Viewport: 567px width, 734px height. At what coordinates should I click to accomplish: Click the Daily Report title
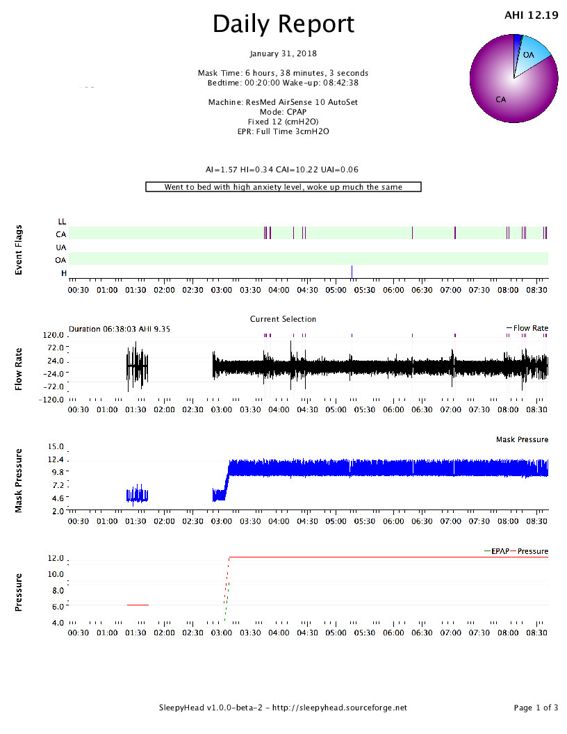[283, 24]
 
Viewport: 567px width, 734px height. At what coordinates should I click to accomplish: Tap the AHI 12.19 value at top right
[531, 15]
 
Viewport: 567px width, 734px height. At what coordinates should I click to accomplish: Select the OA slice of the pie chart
[534, 54]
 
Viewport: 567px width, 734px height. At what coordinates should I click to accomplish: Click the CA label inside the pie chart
[500, 99]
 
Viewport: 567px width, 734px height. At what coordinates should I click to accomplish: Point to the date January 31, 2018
[283, 54]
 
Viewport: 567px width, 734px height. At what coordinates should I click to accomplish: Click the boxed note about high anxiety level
[283, 187]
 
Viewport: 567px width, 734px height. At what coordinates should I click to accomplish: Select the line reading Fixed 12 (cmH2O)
[283, 122]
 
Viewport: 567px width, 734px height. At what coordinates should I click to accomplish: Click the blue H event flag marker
[352, 272]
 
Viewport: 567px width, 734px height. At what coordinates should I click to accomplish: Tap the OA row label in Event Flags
[61, 260]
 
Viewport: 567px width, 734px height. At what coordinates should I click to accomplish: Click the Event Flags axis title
[19, 250]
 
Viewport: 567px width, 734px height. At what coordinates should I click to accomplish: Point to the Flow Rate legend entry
[527, 328]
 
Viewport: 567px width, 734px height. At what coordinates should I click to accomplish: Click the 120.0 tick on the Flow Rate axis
[54, 335]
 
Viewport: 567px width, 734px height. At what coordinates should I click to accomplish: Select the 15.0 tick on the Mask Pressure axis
[56, 446]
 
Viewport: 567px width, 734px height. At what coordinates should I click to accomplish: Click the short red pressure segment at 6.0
[138, 605]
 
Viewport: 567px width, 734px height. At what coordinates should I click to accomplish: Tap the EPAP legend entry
[497, 551]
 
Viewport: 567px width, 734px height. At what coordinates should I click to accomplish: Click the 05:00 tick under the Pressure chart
[336, 633]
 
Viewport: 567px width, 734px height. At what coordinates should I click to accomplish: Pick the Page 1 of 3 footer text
[536, 708]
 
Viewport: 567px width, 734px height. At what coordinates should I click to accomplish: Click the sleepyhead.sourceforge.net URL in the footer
[340, 708]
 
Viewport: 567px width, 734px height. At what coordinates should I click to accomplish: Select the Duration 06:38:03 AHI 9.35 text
[120, 329]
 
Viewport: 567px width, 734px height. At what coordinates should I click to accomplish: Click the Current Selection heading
[283, 319]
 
